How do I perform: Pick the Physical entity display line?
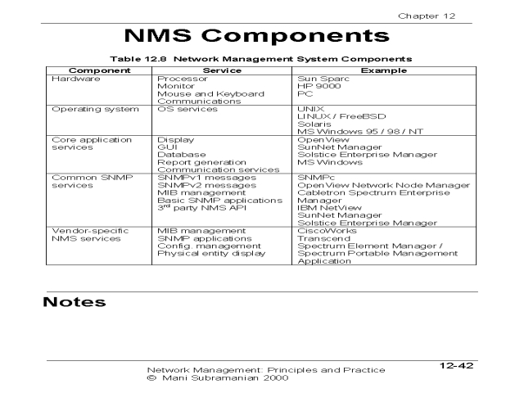point(210,254)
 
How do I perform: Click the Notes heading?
point(75,302)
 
